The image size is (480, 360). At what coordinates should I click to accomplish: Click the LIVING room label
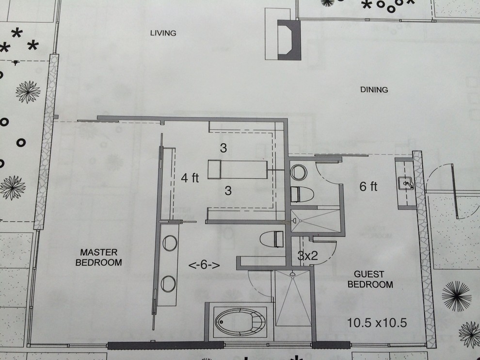point(163,33)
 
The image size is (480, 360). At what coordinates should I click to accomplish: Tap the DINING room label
point(374,90)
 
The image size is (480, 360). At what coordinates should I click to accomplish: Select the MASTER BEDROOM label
point(98,257)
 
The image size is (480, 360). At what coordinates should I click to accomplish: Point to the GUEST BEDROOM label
point(370,279)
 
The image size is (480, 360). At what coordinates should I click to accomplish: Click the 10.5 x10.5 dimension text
point(377,323)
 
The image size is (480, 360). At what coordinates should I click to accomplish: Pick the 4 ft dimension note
point(190,178)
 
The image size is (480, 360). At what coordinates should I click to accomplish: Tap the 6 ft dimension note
point(368,186)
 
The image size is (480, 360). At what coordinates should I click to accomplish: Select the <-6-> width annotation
point(204,265)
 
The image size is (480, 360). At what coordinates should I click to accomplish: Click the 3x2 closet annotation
point(308,255)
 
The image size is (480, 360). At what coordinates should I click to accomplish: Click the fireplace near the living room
point(289,40)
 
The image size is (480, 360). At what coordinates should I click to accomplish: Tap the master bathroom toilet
point(272,239)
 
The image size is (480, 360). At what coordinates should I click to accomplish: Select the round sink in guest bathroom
point(299,172)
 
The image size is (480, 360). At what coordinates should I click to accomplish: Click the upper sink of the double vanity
point(170,243)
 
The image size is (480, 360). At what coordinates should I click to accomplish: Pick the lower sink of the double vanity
point(168,284)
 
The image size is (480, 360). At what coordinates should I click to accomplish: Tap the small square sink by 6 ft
point(406,184)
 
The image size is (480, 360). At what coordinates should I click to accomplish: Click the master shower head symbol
point(293,274)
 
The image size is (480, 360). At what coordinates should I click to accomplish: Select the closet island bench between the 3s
point(238,169)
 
